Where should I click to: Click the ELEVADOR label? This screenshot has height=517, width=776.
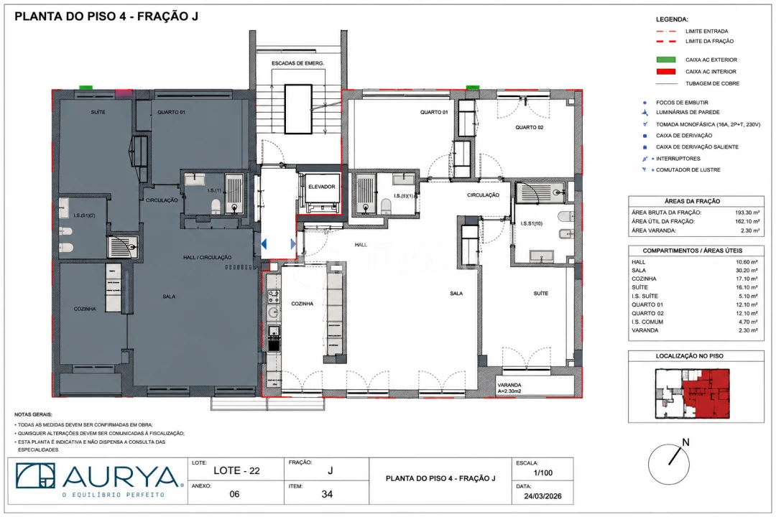[322, 187]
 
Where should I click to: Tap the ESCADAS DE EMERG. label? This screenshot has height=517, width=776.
[297, 63]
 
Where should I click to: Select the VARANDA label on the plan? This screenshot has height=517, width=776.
[509, 385]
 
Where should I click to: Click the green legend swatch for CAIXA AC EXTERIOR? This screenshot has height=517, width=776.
[665, 60]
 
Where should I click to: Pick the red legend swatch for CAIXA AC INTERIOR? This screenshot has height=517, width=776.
[665, 72]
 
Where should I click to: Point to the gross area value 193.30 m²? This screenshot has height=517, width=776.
[747, 213]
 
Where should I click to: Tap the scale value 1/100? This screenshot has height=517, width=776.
[543, 472]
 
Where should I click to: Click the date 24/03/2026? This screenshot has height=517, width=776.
[543, 496]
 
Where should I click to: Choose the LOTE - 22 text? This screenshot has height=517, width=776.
[236, 470]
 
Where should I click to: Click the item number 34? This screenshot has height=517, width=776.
[327, 494]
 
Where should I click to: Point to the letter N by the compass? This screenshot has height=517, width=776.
[685, 442]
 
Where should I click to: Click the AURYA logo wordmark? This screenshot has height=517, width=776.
[120, 476]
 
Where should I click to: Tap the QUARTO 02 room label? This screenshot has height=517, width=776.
[529, 127]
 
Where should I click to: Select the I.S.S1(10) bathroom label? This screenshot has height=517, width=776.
[532, 223]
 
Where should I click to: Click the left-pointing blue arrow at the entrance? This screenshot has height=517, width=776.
[264, 244]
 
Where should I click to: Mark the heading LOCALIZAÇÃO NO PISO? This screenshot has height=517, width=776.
[689, 356]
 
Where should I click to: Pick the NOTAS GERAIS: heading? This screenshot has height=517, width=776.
[33, 414]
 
